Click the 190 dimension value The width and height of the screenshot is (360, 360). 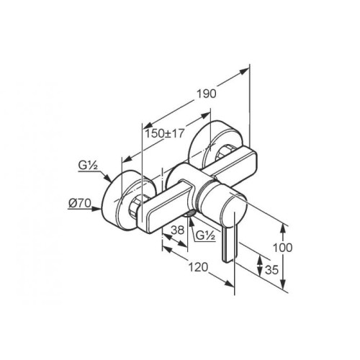click(x=207, y=94)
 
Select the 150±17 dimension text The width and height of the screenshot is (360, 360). click(x=164, y=133)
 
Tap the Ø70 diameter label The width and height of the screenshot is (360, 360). click(x=80, y=204)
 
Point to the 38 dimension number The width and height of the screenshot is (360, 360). click(x=177, y=230)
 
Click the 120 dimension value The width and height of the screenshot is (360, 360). click(x=198, y=267)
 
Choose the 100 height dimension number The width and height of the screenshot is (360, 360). click(x=283, y=248)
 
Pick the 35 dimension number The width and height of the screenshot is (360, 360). click(x=271, y=270)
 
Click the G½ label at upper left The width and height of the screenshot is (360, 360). click(x=88, y=166)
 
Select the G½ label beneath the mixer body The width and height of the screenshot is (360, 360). click(x=205, y=235)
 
